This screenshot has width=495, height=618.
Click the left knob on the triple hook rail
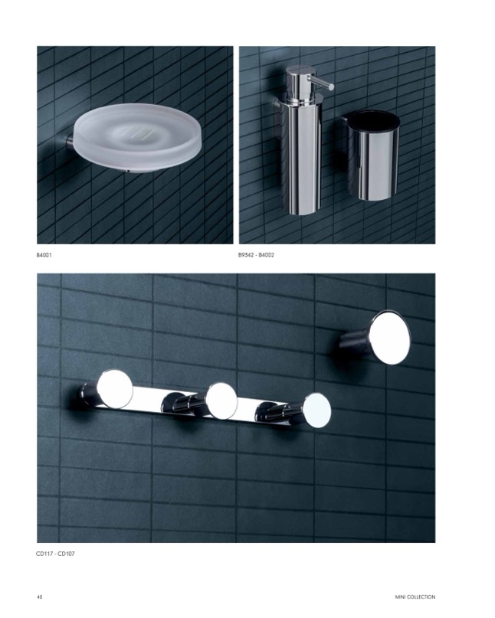tap(114, 389)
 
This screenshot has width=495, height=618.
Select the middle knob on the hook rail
tap(221, 401)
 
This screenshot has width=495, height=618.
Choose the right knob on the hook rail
tap(317, 410)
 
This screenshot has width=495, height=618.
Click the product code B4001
tap(44, 255)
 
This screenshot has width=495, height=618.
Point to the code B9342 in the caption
tap(246, 255)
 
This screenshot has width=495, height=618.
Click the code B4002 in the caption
tap(266, 255)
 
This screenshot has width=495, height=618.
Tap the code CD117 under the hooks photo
tap(44, 554)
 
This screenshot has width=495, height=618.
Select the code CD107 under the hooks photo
tap(66, 554)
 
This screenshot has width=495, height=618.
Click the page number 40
tap(39, 597)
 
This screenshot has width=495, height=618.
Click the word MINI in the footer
tap(400, 597)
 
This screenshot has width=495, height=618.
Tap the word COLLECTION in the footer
tap(421, 597)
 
